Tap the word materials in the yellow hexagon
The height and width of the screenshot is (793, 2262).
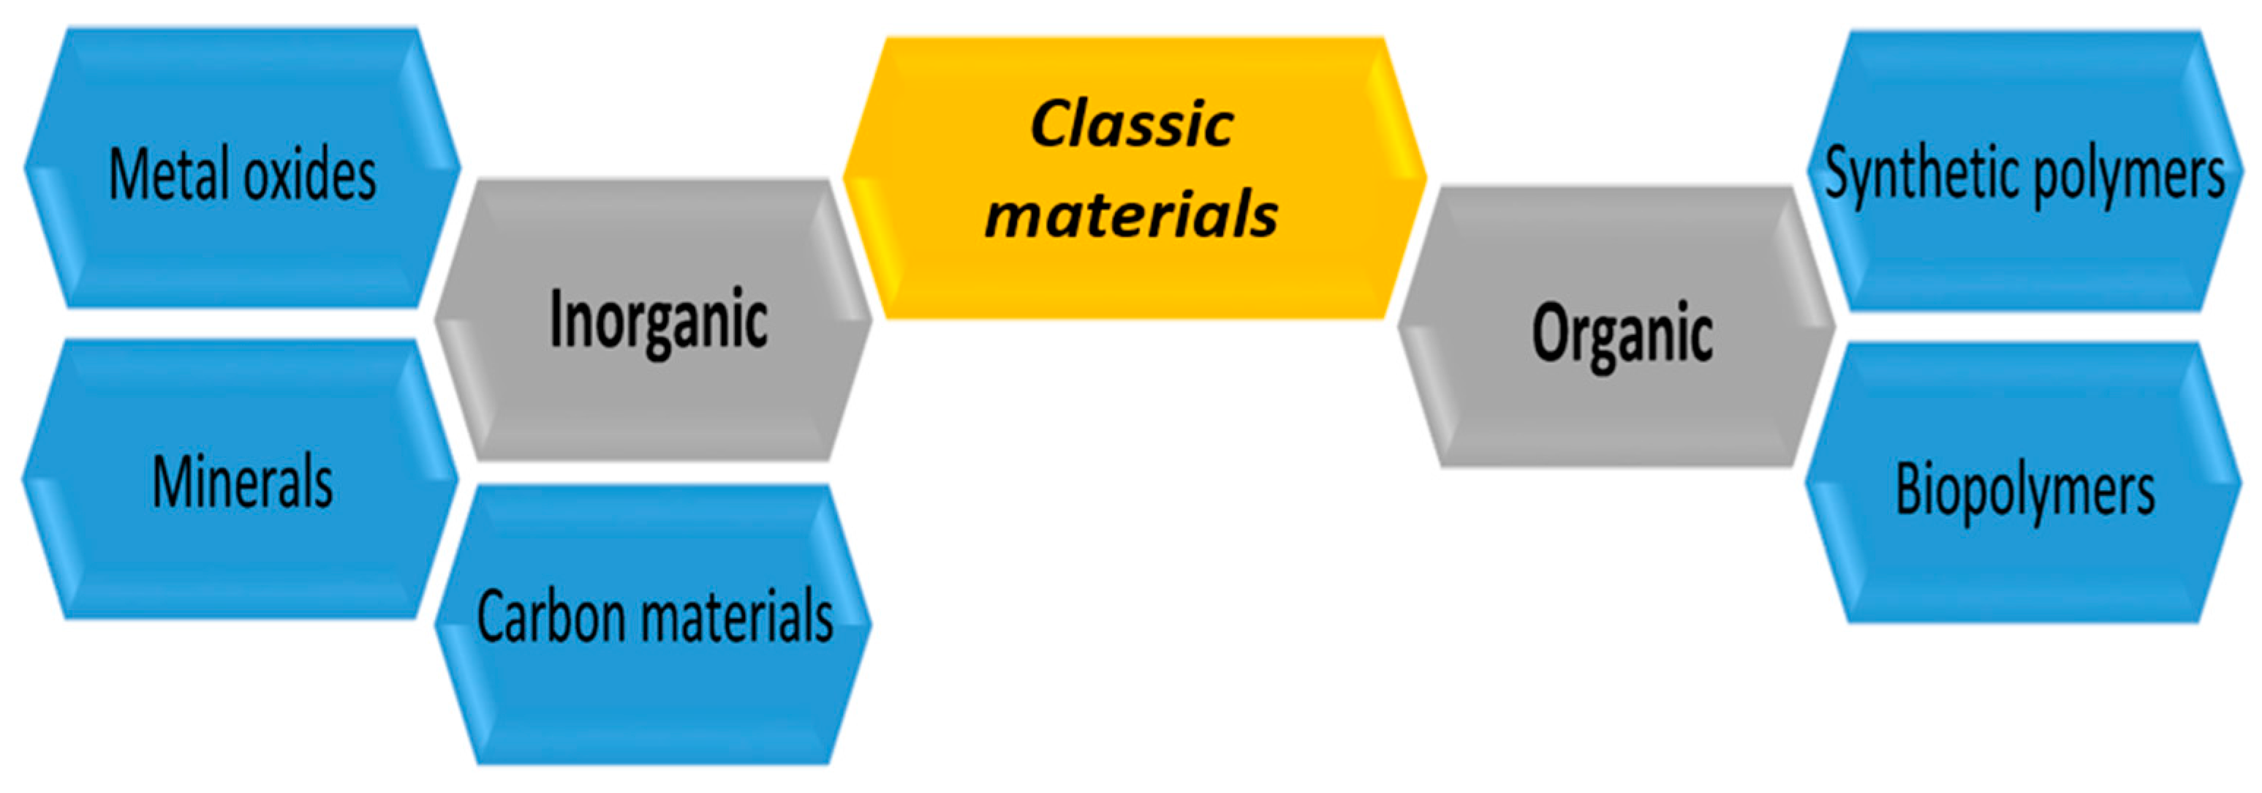[1131, 215]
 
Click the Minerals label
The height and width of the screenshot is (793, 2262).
[243, 482]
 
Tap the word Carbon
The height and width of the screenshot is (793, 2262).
[551, 617]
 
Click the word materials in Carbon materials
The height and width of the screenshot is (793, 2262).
[738, 617]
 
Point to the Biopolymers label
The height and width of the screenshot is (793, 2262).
[2025, 490]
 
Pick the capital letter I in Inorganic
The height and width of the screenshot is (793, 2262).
[555, 319]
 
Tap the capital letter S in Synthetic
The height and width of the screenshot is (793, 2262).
[1837, 172]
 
